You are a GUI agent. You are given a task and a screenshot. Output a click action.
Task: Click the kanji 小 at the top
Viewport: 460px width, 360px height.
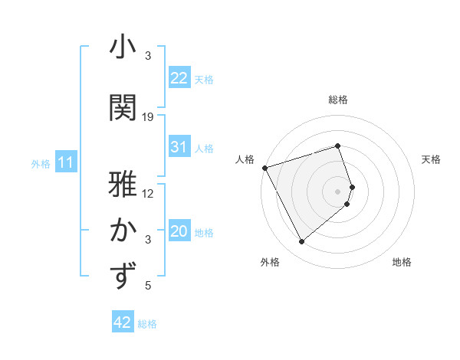123,47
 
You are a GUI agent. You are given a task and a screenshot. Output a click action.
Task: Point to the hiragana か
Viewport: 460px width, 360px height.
123,231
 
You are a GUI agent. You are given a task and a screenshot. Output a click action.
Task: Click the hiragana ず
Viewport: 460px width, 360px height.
123,277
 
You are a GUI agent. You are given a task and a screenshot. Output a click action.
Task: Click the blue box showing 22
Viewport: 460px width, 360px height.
179,78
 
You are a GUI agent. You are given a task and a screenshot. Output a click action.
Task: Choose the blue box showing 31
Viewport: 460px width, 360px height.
179,147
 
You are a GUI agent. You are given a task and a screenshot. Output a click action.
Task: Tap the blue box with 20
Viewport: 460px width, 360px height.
179,231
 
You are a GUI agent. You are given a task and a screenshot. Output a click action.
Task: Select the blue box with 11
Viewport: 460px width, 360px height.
65,162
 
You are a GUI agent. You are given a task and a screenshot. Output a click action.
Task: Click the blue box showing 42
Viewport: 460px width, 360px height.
123,322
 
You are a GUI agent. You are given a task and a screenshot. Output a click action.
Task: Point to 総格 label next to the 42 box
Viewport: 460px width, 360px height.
147,324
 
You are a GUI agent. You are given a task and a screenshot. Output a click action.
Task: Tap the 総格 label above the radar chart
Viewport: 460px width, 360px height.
338,100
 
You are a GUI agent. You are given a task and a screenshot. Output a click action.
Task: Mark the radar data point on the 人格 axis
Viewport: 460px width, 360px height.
264,168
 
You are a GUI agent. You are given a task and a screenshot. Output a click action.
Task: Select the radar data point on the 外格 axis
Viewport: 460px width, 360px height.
301,242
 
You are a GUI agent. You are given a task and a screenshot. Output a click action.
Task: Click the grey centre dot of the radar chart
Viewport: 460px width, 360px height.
338,191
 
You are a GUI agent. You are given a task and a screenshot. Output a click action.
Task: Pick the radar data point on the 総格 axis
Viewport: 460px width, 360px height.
338,146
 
